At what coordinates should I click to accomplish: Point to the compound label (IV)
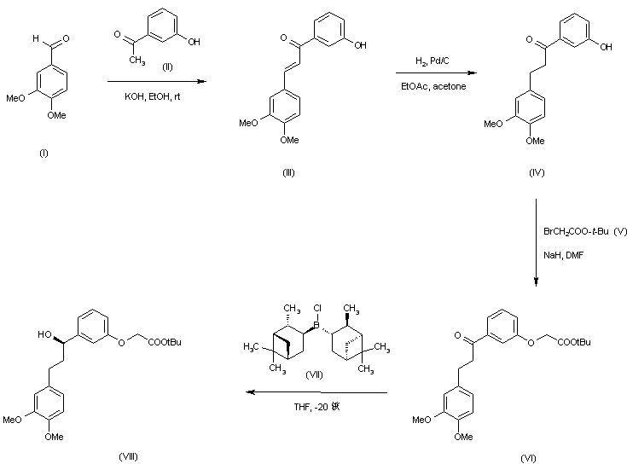click(536, 172)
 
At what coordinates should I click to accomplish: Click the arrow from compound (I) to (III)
click(157, 81)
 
